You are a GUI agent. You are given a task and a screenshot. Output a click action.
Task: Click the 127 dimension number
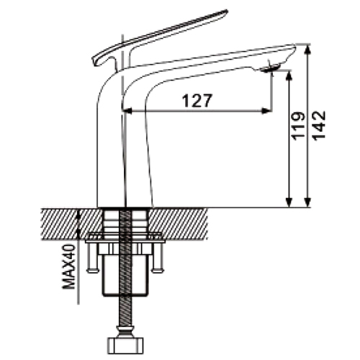tap(197, 101)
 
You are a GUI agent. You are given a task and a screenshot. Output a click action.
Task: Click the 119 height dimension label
tap(298, 125)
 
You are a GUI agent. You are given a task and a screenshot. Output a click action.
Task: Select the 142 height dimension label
tap(319, 125)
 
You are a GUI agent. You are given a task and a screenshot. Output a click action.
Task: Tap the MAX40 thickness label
tap(69, 266)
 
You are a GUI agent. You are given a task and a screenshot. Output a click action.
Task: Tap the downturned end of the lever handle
tap(96, 61)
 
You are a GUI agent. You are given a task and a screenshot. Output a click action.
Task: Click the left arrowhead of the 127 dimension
tap(127, 111)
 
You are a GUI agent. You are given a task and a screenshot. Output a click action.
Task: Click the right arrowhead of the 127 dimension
tap(267, 111)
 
